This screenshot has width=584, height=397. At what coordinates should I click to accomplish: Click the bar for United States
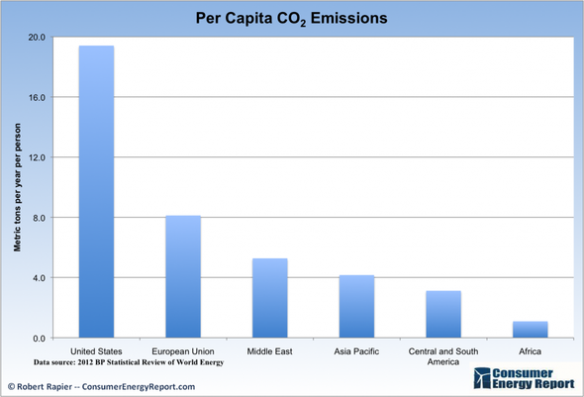(x=96, y=192)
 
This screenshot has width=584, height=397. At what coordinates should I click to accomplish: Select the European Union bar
(x=183, y=276)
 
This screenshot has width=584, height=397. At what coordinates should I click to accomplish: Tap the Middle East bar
(x=269, y=298)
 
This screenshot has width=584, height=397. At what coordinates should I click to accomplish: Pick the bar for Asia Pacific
(x=356, y=306)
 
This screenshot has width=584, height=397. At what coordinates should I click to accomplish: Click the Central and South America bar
(x=442, y=314)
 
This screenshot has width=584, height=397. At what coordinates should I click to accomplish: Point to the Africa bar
(x=530, y=329)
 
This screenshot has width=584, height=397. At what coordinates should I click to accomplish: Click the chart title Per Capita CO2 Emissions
(x=291, y=17)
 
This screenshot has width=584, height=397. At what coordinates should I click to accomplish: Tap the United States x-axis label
(x=96, y=350)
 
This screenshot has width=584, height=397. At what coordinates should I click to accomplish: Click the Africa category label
(x=530, y=350)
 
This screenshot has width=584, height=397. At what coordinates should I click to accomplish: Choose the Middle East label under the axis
(x=269, y=350)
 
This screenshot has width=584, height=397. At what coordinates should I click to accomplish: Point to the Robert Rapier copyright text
(x=102, y=386)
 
